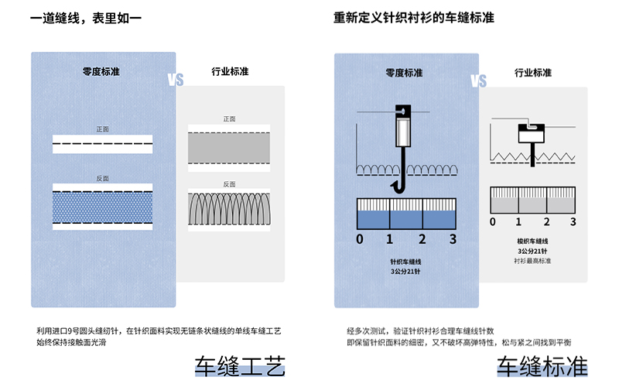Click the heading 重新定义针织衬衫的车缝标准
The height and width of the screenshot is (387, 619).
pos(414,17)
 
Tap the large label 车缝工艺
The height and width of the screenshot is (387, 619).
pos(240,365)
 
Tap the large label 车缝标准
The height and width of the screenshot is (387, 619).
pos(542,365)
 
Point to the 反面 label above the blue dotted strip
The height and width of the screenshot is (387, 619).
pos(102,178)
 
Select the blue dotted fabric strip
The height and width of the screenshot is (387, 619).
pos(102,207)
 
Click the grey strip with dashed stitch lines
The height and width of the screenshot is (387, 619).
pos(229,146)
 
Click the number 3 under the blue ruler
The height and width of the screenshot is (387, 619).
pos(453,238)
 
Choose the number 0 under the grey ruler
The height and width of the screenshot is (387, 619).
pos(494,222)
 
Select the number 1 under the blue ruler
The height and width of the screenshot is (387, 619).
pos(390,238)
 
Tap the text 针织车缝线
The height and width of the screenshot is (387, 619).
pos(405,262)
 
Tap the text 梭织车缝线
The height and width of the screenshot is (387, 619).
pos(532,241)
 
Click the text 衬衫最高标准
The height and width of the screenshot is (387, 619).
pos(532,261)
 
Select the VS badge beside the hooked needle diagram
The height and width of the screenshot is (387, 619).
pos(478,81)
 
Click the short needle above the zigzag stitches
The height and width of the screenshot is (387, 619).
pos(532,139)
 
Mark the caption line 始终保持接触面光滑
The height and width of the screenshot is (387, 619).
pos(71,341)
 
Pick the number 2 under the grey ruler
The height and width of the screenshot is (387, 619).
pos(546,222)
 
